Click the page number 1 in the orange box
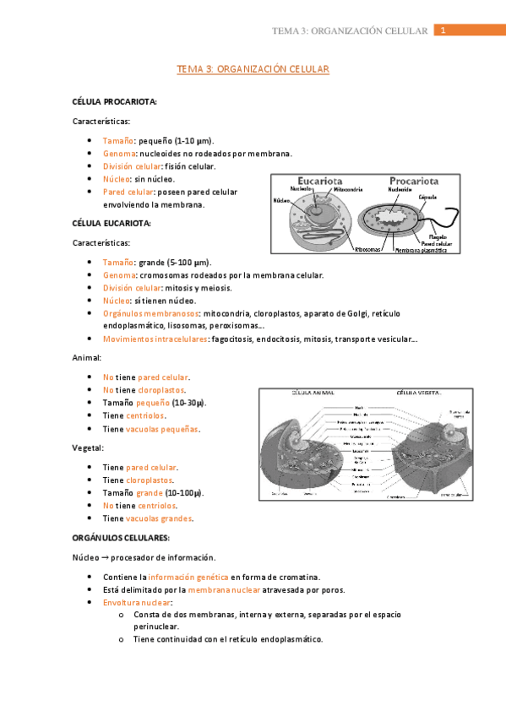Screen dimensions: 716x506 443,30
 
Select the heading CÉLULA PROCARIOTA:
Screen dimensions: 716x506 115,102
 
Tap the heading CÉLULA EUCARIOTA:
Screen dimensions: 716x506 112,224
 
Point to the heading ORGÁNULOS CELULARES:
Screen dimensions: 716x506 122,538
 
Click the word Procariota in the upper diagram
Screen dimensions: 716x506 414,180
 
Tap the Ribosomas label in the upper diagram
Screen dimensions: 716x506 368,249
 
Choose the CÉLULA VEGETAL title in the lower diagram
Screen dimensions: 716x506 420,393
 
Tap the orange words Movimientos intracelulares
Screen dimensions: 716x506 155,339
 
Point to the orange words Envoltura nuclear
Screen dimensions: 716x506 136,603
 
